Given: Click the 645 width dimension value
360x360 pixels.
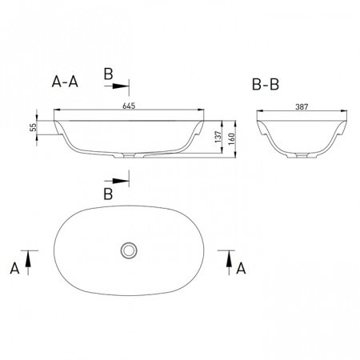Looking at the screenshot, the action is tap(129, 106).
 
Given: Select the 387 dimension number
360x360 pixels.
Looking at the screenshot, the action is tap(302, 107).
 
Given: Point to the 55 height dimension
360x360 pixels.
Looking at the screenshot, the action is tap(33, 128).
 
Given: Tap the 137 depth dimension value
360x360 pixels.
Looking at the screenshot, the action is tap(218, 137).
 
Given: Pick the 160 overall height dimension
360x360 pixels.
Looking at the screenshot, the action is tap(231, 139).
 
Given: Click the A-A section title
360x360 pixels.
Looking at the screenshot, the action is tap(65, 82).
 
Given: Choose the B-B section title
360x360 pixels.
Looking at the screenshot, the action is tap(266, 85).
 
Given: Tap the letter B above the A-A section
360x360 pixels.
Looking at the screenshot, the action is tap(108, 74).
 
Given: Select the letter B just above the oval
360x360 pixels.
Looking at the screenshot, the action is tap(108, 194).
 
